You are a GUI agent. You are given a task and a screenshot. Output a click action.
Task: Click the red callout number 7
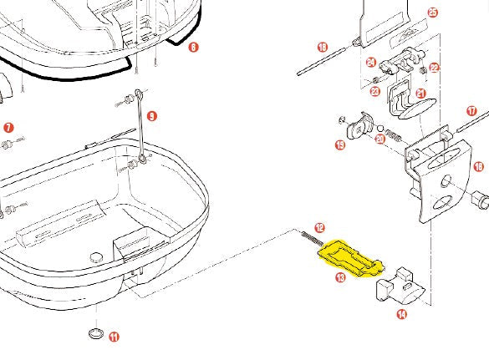pos(8,128)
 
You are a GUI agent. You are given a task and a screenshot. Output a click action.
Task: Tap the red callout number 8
pos(194,48)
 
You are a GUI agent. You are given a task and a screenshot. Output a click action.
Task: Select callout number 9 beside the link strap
pos(151,115)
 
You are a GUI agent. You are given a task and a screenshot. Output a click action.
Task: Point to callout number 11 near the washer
pos(114,337)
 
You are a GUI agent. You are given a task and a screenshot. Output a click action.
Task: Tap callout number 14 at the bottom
pos(402,315)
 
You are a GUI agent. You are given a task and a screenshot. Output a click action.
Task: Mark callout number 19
pos(340,146)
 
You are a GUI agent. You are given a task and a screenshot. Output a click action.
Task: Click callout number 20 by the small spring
pos(380,139)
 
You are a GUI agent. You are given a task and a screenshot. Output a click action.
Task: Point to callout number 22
pos(434,68)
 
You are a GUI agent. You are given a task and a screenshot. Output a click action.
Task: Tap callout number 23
pos(376,91)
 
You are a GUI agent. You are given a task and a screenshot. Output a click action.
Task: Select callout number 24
pos(370,62)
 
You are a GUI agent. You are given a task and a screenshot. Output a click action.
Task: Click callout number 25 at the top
pos(432,13)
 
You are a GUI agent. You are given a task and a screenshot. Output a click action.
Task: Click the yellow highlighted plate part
pos(351,257)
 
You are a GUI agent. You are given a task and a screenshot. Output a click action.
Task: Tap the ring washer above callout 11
pos(96,334)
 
